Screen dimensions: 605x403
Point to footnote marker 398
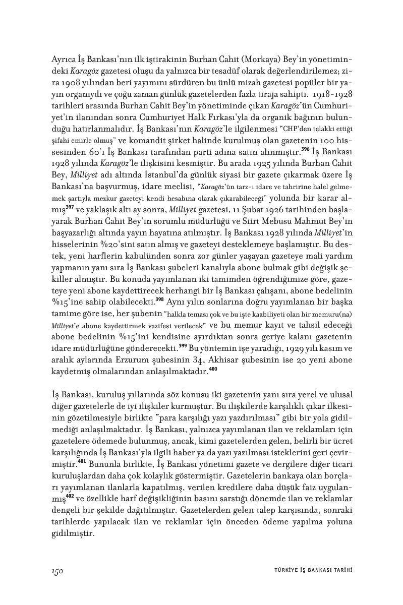coord(159,298)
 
